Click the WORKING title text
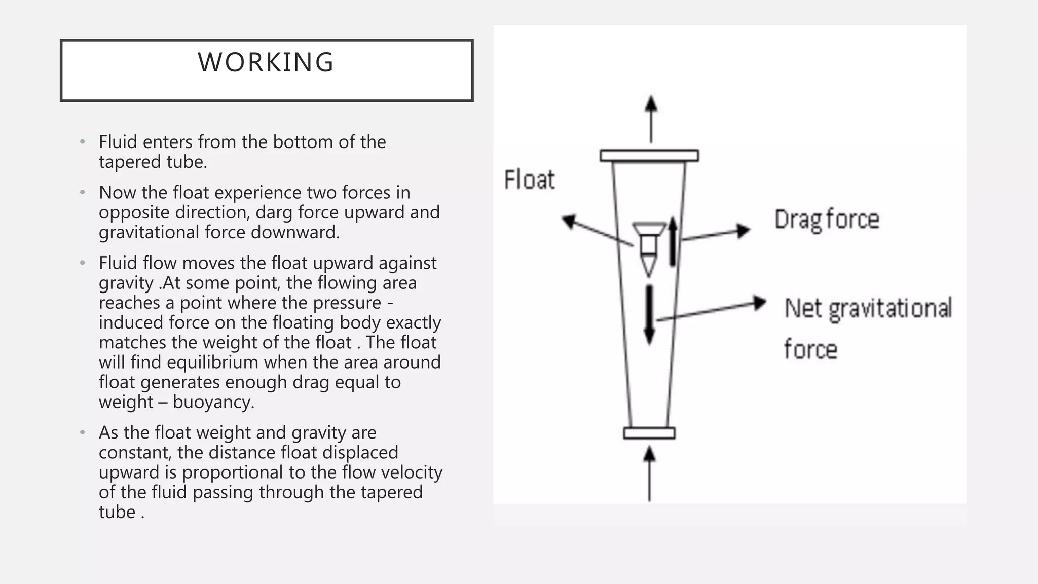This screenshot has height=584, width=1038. (266, 63)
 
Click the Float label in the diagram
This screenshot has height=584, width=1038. (529, 180)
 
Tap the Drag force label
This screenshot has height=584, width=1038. (827, 220)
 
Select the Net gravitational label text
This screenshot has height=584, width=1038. (868, 309)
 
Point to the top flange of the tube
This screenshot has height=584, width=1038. (649, 156)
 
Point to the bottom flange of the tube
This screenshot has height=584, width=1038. (649, 433)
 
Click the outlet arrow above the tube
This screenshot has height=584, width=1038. (651, 119)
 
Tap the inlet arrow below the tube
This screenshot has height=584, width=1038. (649, 473)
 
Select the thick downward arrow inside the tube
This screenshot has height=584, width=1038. (649, 314)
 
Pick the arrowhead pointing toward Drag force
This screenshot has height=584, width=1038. (743, 231)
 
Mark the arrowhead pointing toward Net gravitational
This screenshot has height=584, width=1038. (759, 303)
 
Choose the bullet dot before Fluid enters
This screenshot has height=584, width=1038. (82, 142)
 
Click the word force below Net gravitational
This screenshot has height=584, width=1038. (810, 350)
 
